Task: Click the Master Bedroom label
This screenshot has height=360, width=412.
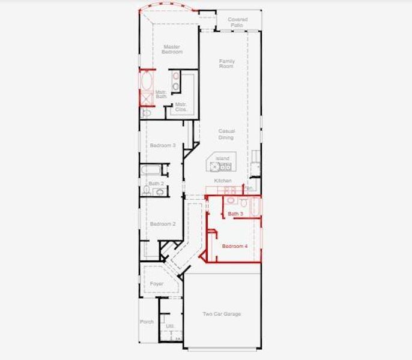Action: coord(172,49)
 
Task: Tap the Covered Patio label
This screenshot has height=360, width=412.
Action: coord(238,22)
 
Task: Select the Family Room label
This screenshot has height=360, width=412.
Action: coord(226,64)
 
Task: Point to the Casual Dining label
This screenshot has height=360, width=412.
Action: coord(226,134)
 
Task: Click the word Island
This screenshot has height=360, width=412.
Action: coord(222,158)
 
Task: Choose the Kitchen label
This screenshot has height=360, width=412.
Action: coord(223,181)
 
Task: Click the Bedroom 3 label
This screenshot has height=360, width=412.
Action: coord(163,145)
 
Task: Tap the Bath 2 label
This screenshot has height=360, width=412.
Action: coord(156,184)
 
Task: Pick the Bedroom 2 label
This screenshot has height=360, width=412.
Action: coord(163,224)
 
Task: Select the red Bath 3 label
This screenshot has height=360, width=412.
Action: coord(235,214)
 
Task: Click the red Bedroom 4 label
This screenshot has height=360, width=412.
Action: coord(234,247)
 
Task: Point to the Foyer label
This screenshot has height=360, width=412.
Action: coord(157,284)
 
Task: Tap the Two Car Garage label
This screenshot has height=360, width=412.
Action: coord(222,314)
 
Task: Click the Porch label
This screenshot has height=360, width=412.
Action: coord(147,322)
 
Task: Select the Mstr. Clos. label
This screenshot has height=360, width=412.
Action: coord(181,107)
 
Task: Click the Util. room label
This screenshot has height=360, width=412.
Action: coord(170,326)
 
